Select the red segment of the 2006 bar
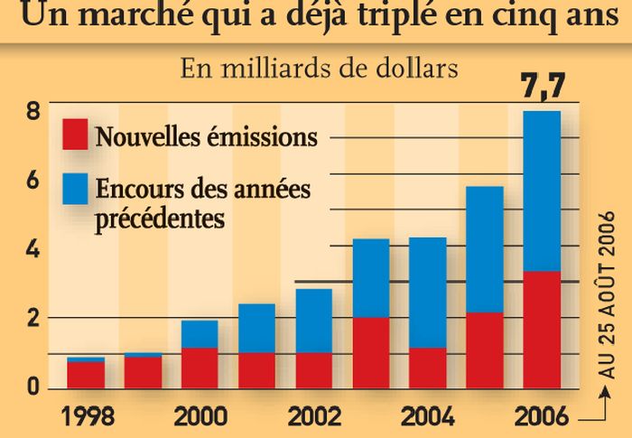pos(542,330)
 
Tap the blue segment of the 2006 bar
pos(542,191)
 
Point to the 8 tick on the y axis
pos(33,112)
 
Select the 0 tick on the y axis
pos(33,387)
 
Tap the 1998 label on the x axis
pos(87,417)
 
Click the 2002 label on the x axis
pos(313,417)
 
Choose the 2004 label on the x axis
pos(427,417)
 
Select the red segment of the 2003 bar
pos(370,352)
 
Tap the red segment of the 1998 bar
pos(87,374)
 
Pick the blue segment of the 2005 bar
pos(485,249)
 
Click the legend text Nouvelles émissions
pos(206,137)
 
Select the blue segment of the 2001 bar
pos(256,328)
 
